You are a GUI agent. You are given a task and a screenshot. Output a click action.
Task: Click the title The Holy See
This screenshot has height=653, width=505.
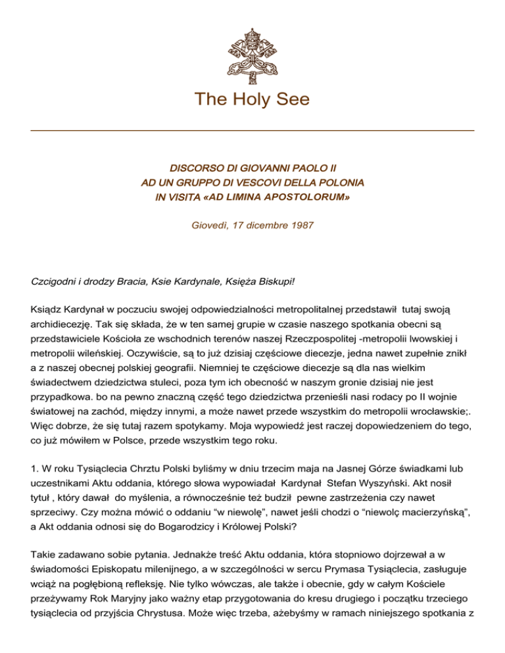(x=252, y=100)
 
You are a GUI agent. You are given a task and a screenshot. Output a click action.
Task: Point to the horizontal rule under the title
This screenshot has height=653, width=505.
(x=252, y=131)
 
